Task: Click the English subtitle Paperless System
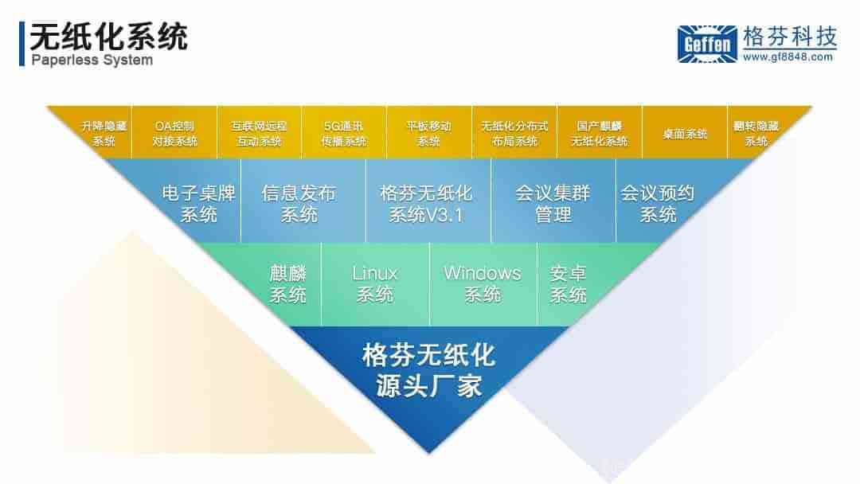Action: pos(92,60)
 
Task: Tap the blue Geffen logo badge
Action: pos(708,44)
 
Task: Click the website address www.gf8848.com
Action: pos(788,57)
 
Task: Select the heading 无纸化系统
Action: pos(108,37)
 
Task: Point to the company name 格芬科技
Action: pos(790,37)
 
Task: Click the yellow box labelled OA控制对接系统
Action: pos(174,133)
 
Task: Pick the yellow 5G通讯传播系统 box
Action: pos(344,133)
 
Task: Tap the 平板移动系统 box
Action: pos(429,133)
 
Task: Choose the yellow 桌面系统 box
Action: pos(685,133)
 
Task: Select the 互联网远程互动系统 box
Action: pos(259,133)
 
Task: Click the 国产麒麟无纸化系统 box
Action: pos(600,133)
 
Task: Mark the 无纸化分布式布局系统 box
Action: pos(514,133)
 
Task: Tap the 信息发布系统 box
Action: pos(303,201)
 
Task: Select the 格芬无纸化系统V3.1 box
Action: pos(428,201)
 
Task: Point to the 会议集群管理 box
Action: pos(553,201)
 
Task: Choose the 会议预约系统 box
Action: pos(666,201)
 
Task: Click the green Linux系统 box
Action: pos(375,284)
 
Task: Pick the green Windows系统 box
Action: pos(483,284)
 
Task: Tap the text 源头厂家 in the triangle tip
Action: pos(429,386)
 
